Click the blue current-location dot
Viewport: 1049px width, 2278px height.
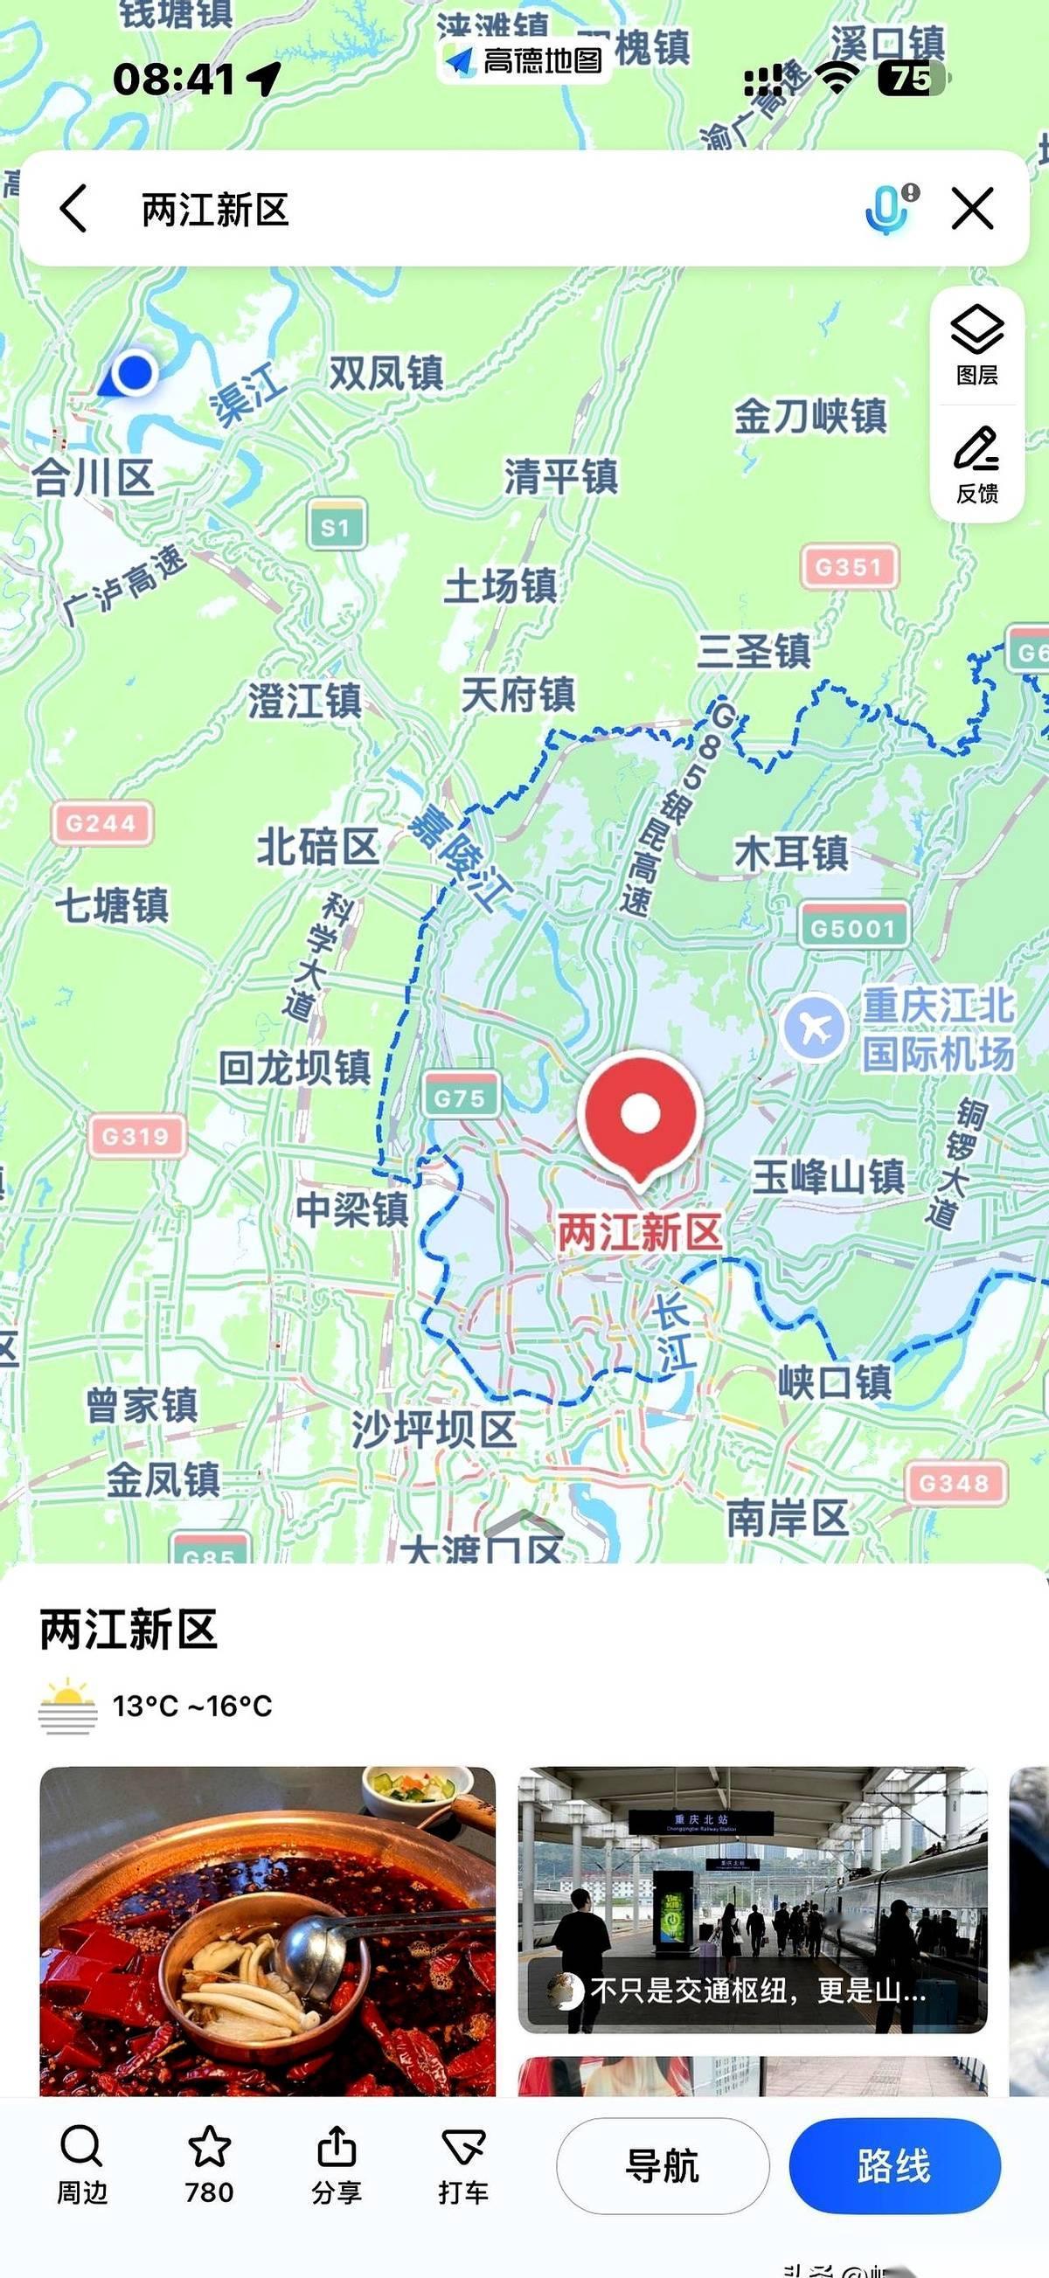135,371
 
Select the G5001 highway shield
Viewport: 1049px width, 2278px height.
852,926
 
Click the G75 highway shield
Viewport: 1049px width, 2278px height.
460,1097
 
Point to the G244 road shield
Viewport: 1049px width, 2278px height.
101,823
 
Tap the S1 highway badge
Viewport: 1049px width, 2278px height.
336,526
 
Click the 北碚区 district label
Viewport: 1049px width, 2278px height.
316,847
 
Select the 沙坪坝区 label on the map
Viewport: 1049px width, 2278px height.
434,1429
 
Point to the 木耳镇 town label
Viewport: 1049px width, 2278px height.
791,854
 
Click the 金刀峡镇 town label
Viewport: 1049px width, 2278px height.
809,416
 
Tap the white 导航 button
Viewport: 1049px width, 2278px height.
663,2165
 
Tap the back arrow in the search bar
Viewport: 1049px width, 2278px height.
74,209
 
